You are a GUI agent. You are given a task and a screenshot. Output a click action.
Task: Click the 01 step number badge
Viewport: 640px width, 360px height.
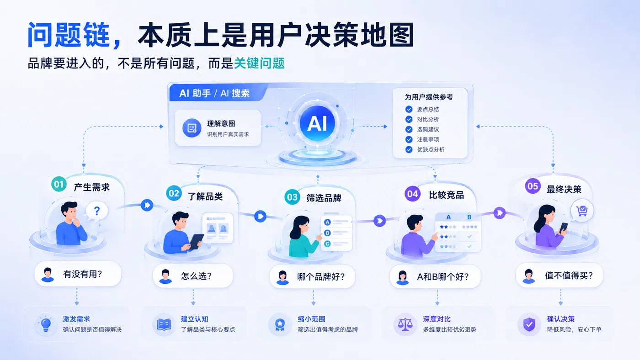coord(59,184)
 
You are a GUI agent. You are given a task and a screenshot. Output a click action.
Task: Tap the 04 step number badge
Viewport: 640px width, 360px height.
coord(412,194)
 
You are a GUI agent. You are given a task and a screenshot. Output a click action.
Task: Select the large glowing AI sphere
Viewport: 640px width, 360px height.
coord(317,123)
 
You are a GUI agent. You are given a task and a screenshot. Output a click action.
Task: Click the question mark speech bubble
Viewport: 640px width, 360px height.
coord(96,212)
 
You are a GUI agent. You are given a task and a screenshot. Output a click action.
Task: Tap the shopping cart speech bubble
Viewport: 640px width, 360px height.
coord(582,211)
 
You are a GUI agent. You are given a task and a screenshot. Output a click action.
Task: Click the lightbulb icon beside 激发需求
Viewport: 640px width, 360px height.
coord(46,325)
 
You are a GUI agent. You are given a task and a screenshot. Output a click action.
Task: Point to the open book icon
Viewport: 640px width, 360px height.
coord(164,325)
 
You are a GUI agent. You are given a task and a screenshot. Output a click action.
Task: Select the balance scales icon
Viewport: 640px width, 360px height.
coord(405,325)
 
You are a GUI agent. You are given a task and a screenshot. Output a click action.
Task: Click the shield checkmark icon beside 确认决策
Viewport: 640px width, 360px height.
coord(529,325)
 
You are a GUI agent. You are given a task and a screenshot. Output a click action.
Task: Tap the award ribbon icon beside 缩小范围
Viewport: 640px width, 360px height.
coord(280,325)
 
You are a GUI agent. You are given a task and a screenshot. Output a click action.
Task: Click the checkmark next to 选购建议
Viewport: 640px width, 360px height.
coord(409,129)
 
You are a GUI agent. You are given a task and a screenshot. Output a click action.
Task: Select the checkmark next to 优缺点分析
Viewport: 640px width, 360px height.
coord(409,149)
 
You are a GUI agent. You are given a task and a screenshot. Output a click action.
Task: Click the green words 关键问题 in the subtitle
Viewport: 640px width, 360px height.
coord(259,63)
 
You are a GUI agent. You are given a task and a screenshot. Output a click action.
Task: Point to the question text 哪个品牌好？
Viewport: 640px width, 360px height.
coord(321,277)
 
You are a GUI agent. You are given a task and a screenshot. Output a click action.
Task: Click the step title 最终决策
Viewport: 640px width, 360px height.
coord(564,189)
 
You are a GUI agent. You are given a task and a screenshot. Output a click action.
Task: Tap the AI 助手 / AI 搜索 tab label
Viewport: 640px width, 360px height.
coord(214,93)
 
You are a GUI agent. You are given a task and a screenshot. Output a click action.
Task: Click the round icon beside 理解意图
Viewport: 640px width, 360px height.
coord(192,128)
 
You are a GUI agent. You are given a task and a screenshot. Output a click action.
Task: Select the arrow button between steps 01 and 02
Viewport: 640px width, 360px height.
coord(147,205)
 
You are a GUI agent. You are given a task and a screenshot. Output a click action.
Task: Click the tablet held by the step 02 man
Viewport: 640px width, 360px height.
coord(196,241)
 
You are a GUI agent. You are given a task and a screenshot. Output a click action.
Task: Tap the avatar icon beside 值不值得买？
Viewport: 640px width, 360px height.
coord(528,276)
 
